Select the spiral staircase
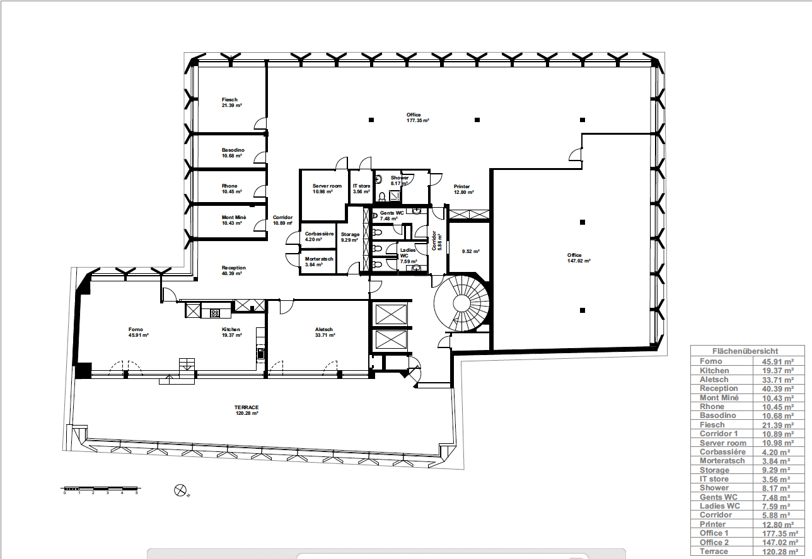(461, 303)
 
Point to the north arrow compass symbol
(180, 490)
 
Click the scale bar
(100, 489)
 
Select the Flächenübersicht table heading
(745, 351)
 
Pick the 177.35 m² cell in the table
(780, 534)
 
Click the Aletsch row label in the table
(714, 380)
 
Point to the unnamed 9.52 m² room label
(470, 251)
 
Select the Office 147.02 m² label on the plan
(579, 257)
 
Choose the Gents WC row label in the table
(719, 497)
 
